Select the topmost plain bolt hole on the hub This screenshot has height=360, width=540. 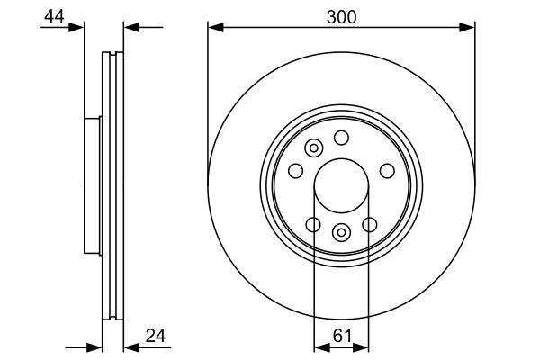[341, 137]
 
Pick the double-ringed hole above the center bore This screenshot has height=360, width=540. [315, 148]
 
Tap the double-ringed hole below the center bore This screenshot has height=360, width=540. [341, 233]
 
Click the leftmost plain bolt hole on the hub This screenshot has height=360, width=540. [294, 170]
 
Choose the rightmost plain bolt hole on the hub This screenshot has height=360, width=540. [388, 170]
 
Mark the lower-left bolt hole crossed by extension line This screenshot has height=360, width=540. [313, 225]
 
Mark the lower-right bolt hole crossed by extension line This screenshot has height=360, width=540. [369, 225]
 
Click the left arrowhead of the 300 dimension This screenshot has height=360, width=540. [214, 27]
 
